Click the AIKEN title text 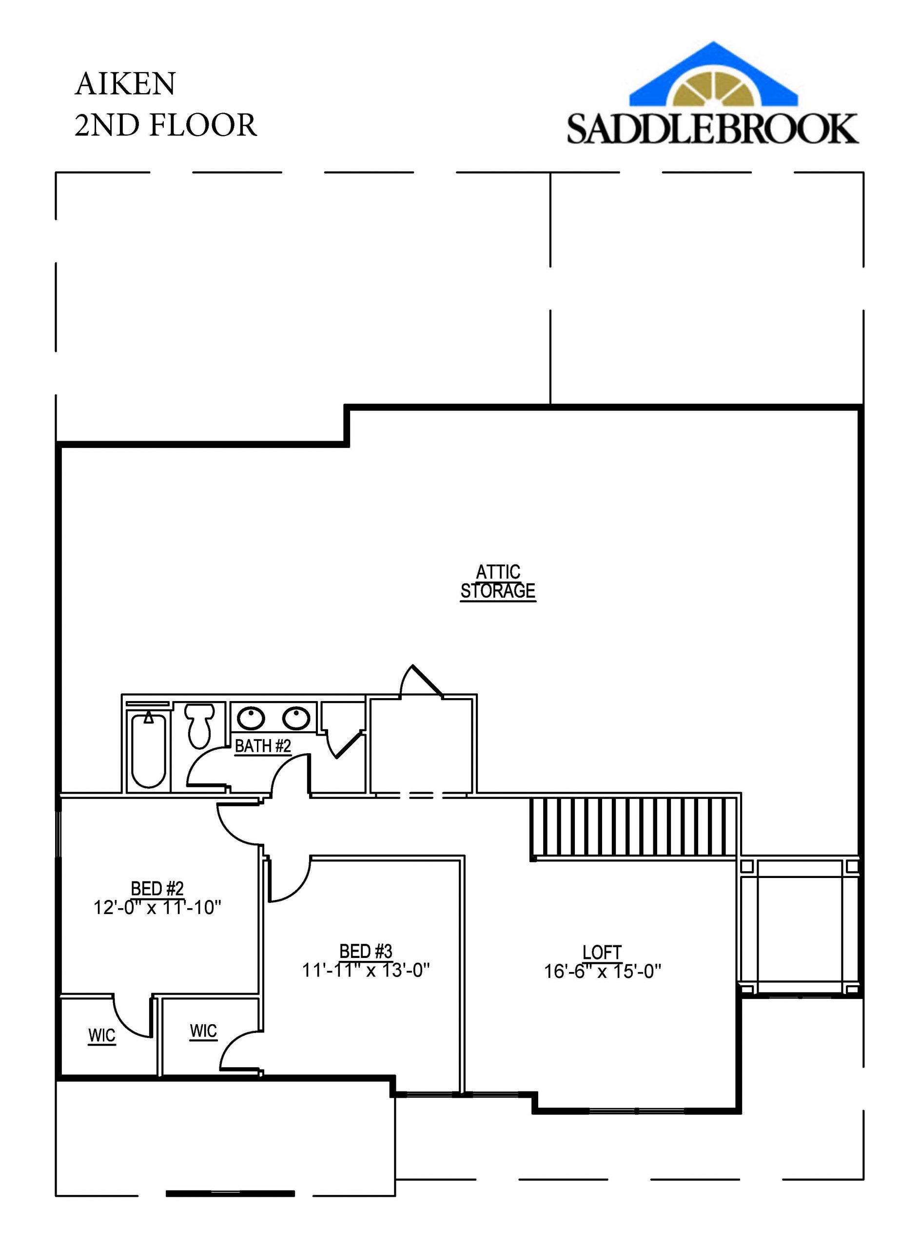coord(125,84)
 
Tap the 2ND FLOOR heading coord(165,125)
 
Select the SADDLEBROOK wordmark coord(712,129)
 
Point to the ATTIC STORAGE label coord(498,582)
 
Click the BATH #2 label coord(263,746)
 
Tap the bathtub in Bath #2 coord(149,750)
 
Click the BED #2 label coord(157,888)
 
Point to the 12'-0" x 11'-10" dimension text coord(157,908)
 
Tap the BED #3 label coord(366,951)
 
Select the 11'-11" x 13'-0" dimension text coord(366,970)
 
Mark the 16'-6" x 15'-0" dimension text coord(602,972)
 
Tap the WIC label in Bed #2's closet coord(102,1036)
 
